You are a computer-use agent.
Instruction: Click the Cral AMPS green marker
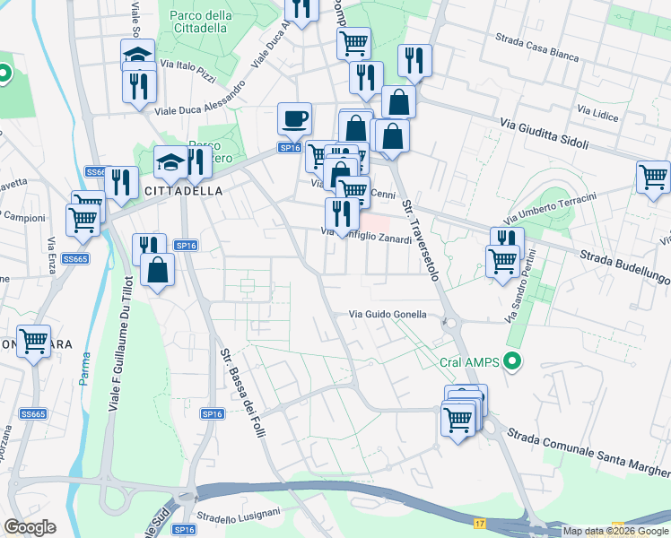pos(512,363)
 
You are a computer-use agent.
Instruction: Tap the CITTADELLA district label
pos(158,192)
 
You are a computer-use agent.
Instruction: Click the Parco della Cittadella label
pos(200,22)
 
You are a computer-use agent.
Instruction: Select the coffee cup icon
pos(294,118)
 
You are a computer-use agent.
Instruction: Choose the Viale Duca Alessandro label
pos(200,100)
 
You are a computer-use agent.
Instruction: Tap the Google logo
pos(30,527)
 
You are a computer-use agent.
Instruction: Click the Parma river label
pos(84,372)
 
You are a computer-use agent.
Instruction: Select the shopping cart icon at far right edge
pos(653,177)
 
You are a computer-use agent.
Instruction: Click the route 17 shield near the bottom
pos(480,523)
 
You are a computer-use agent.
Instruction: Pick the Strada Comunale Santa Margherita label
pos(588,454)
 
